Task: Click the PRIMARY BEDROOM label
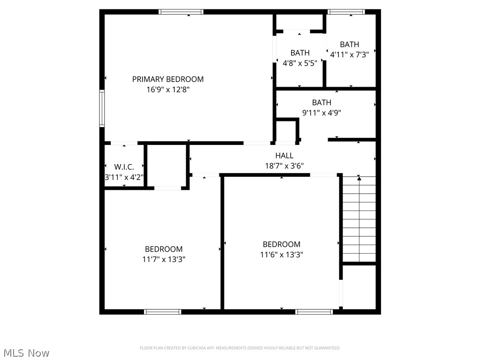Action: pos(168,79)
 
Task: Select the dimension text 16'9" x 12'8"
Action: pos(168,90)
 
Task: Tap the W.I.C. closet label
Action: pos(124,167)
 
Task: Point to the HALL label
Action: pos(285,156)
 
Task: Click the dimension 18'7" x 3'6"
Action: pos(285,165)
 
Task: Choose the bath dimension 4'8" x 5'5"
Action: pos(300,63)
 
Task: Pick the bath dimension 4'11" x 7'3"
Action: pos(350,54)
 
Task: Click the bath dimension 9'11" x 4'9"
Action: pos(322,112)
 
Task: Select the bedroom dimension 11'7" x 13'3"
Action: pos(164,259)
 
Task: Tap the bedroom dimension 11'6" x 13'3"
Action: pos(282,255)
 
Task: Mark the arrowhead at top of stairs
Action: pos(359,178)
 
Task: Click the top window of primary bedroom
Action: pos(181,12)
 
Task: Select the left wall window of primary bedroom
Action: pos(102,108)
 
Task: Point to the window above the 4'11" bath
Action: pos(346,12)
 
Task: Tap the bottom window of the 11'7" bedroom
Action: pos(163,311)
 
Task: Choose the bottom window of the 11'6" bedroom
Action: pos(314,311)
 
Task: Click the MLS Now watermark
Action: pos(27,352)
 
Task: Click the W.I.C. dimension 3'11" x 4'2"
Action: pos(124,177)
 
